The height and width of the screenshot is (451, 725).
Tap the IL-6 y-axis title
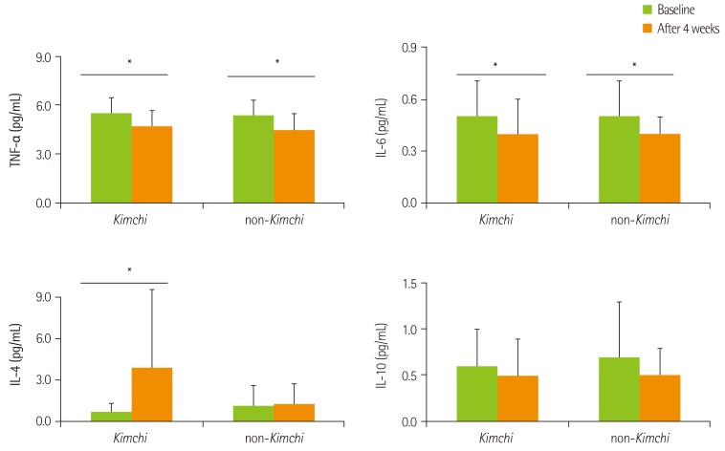coord(384,125)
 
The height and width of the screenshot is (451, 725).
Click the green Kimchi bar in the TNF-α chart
coord(111,159)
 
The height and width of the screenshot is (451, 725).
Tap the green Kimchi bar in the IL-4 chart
coord(111,417)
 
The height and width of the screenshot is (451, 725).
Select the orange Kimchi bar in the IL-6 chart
coord(517,169)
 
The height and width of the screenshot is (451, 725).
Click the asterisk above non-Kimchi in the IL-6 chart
coord(634,66)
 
